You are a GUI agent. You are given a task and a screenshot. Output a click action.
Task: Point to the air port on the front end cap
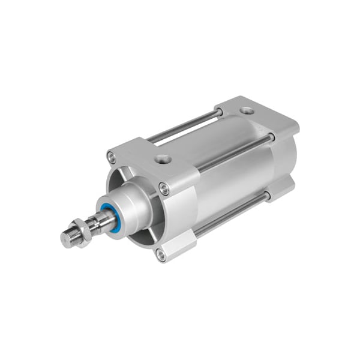point(162,160)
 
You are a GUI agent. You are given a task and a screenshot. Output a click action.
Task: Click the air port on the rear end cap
point(247,111)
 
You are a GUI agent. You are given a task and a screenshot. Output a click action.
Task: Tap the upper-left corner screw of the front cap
point(111,157)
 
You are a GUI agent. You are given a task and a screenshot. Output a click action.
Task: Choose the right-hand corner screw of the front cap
point(164,190)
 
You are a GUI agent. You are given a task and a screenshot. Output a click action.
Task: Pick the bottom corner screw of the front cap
point(160,255)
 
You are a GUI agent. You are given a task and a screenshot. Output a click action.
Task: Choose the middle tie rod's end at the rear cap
point(271,137)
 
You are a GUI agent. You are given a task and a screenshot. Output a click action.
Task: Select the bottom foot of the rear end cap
point(282,189)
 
